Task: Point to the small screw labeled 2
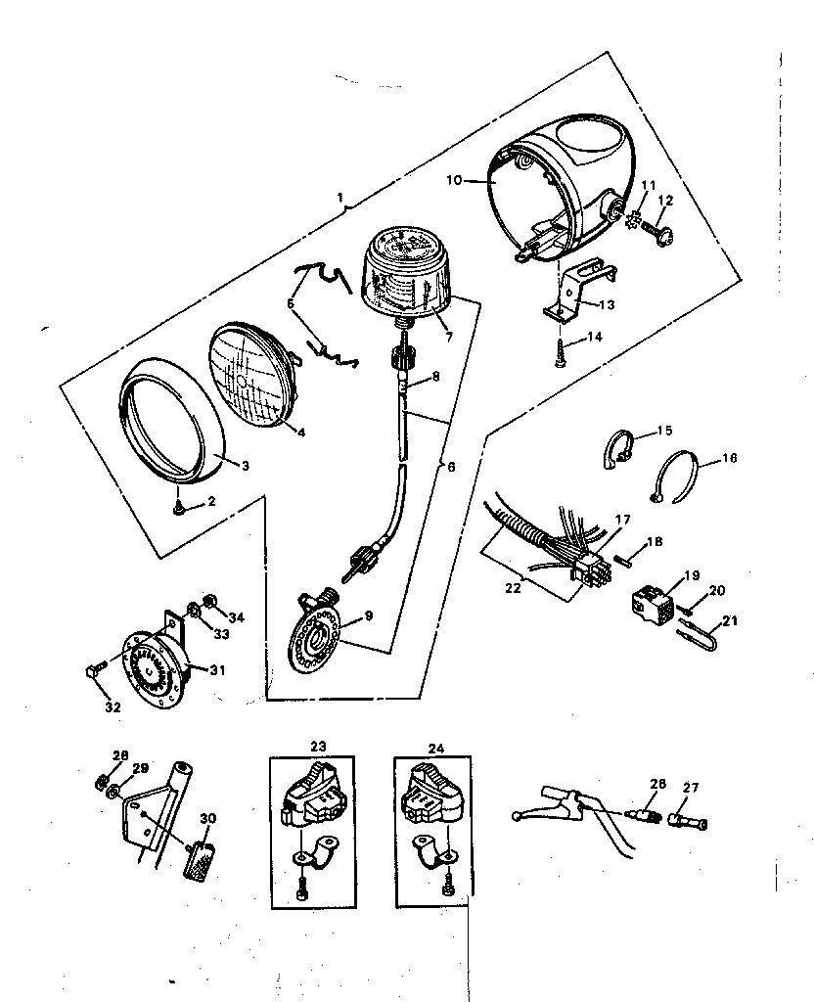(178, 508)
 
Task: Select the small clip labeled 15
(616, 451)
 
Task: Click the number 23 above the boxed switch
(318, 747)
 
